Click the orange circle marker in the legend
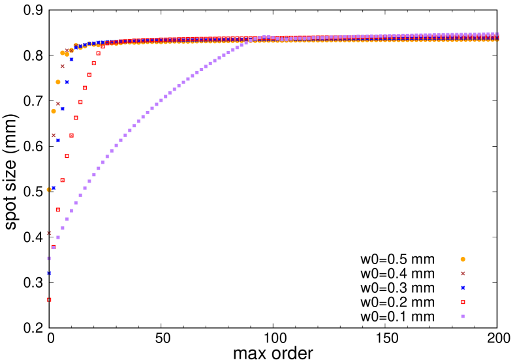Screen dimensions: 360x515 point(463,259)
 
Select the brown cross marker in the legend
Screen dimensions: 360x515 point(463,273)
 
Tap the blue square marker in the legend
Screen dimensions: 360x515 point(463,288)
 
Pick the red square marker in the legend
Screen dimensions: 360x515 point(463,302)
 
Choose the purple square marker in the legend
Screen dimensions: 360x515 point(463,316)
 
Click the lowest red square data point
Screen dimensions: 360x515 point(49,300)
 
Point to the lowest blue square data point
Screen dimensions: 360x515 point(49,273)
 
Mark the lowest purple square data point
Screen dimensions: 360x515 point(49,258)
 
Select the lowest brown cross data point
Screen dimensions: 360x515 point(49,233)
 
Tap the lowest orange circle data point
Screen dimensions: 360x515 point(49,190)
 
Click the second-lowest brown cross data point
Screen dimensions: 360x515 point(54,136)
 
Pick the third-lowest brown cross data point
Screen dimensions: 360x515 point(58,104)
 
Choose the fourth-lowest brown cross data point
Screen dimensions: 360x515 point(63,66)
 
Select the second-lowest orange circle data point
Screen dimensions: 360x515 point(54,111)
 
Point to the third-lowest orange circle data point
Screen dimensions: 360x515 point(58,82)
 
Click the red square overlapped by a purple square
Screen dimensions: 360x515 point(54,247)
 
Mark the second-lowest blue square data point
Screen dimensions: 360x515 point(54,188)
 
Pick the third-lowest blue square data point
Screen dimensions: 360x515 point(58,140)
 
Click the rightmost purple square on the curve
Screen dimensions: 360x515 point(496,34)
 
